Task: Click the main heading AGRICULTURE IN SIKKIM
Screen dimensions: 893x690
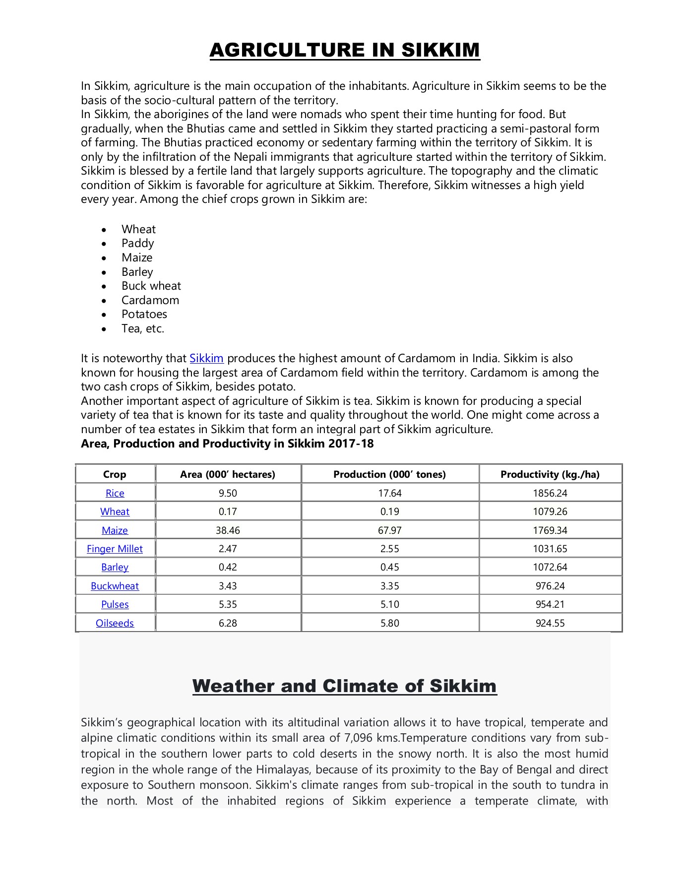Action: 345,50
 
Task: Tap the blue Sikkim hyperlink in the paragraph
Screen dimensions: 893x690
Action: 206,358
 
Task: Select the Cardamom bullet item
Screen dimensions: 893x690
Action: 150,300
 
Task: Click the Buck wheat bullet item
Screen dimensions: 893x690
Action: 151,286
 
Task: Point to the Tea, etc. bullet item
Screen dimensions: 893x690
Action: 143,328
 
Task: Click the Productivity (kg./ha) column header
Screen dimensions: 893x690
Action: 550,474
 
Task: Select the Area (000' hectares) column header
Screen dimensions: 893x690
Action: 227,474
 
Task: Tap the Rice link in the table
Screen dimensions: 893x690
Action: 115,493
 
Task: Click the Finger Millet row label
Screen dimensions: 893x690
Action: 115,549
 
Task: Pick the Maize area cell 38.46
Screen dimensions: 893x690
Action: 228,530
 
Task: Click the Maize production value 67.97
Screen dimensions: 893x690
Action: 389,530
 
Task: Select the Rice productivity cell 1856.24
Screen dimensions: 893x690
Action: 550,493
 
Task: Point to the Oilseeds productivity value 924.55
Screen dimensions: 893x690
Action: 550,623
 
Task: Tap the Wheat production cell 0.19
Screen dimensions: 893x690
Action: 389,511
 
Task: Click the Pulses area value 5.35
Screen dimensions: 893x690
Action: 228,604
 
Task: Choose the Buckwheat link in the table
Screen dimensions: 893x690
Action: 115,586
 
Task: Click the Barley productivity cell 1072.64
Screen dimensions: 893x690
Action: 550,567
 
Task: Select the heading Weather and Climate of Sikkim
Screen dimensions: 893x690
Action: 345,686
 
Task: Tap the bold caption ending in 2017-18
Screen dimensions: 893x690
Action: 227,444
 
